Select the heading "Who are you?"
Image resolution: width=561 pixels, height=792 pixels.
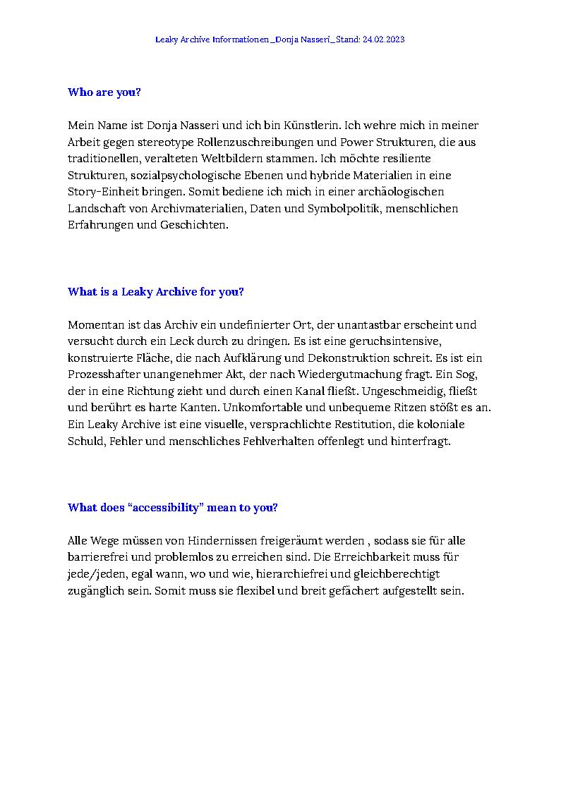[104, 92]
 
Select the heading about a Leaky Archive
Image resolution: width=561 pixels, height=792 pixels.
[155, 292]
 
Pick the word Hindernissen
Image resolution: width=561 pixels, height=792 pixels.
[221, 541]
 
